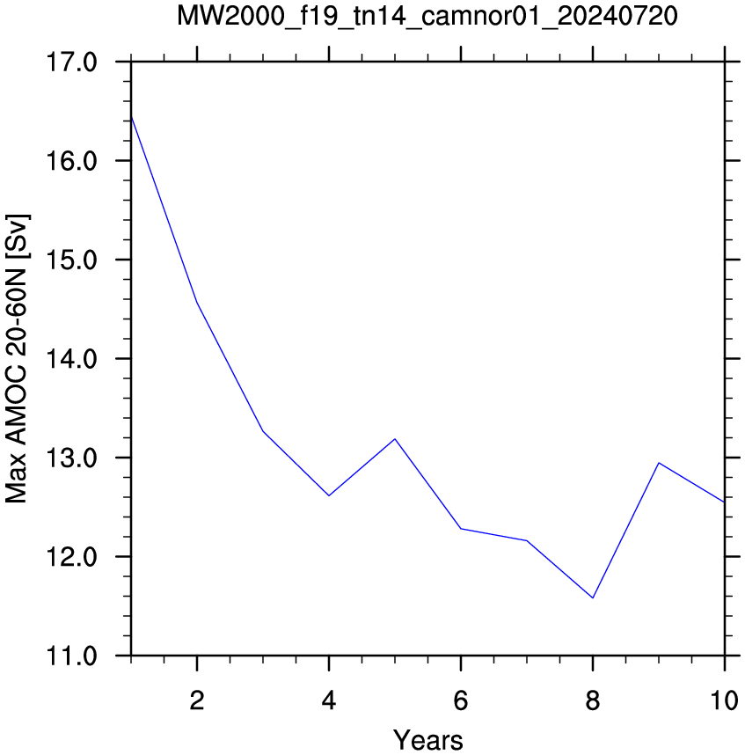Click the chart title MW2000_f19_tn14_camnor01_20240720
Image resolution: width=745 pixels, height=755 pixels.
[x=427, y=16]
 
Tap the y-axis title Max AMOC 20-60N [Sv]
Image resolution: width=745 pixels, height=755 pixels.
[x=17, y=359]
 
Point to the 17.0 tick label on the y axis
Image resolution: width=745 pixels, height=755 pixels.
[x=71, y=62]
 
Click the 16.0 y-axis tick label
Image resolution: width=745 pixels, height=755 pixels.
[x=71, y=161]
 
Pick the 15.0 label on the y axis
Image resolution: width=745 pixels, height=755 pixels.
[x=71, y=260]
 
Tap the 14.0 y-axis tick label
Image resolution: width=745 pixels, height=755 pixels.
[x=71, y=359]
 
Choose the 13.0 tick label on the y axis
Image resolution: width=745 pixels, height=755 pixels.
[x=71, y=458]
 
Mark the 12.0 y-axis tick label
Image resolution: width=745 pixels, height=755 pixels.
[x=71, y=557]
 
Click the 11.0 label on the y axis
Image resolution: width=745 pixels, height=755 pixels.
[x=71, y=656]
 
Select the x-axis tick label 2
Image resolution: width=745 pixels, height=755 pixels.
[x=197, y=700]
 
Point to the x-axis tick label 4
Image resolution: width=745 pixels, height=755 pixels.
[x=329, y=700]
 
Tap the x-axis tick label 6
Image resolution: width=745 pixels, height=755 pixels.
[x=461, y=700]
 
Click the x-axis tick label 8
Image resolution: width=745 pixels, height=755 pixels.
[x=593, y=700]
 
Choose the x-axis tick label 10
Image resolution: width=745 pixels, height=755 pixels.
[x=724, y=700]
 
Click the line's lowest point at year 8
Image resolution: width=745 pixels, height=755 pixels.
[x=593, y=598]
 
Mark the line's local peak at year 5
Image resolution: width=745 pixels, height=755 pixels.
[x=395, y=439]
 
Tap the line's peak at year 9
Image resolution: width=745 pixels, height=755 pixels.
[x=659, y=463]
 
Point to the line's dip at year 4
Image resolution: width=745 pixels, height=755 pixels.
[x=329, y=495]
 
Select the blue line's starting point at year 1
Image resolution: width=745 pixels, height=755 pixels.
[x=131, y=116]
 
